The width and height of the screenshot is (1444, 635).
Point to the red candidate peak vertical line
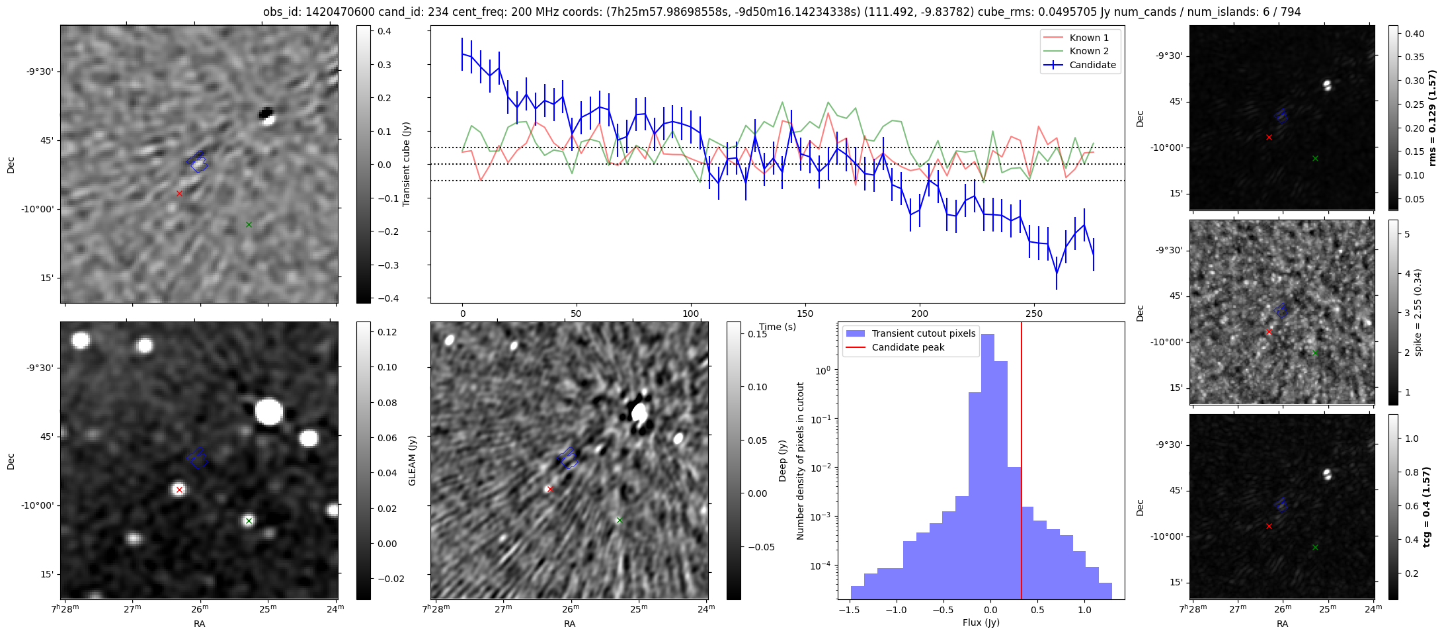(x=1022, y=463)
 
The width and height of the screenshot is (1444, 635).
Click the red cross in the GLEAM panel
(x=179, y=490)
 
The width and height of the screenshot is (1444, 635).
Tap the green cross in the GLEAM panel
(x=249, y=521)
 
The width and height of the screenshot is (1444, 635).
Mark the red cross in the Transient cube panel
(x=179, y=193)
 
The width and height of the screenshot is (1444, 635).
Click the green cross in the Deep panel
(x=619, y=521)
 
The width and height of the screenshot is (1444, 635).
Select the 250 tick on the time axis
(x=1033, y=314)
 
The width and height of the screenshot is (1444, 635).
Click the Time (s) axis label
(x=778, y=327)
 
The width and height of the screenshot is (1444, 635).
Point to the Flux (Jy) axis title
(x=981, y=622)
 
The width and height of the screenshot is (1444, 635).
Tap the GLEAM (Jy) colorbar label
(x=413, y=460)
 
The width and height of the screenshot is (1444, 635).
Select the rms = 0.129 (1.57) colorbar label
(x=1432, y=118)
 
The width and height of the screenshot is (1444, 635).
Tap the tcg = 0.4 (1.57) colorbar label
(x=1432, y=507)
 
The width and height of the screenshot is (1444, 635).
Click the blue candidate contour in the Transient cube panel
(x=197, y=161)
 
